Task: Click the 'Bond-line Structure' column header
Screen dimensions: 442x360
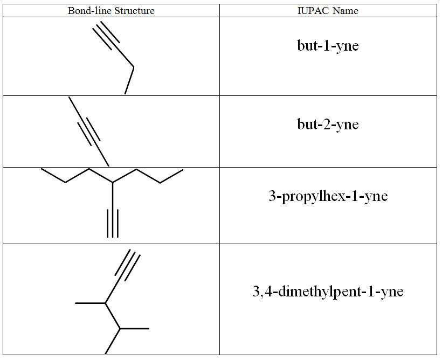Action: point(110,11)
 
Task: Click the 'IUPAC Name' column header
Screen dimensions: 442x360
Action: point(328,11)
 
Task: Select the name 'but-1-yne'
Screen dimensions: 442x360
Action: point(328,46)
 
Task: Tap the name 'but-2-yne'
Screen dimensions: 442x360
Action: point(328,124)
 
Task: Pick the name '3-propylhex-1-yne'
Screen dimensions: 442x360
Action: point(328,196)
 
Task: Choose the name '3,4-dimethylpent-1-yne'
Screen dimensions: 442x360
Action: point(328,292)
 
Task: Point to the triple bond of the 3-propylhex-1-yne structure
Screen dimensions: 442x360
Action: point(113,223)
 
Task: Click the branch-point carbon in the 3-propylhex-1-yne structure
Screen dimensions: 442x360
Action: point(113,183)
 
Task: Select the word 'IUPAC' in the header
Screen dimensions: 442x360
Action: point(316,11)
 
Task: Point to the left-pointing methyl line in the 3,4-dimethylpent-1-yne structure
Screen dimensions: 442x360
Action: point(90,303)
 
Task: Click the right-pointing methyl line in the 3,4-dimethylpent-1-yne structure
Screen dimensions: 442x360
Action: point(134,328)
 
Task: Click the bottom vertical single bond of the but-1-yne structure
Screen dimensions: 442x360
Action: point(129,81)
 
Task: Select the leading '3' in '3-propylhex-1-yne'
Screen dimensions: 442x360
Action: point(272,196)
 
